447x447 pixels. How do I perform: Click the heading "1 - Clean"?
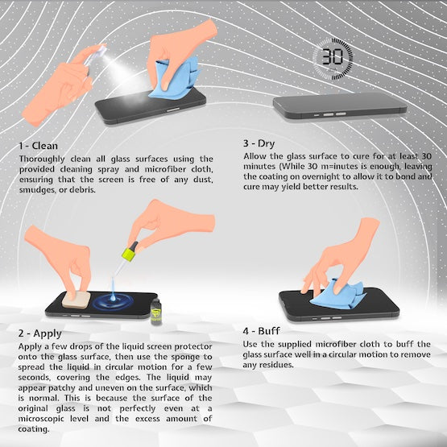pos(39,146)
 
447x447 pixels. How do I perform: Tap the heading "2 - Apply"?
pos(40,333)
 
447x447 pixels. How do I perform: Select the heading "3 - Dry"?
pos(259,143)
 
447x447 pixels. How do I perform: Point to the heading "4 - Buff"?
pos(262,331)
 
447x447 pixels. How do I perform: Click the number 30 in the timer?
pos(333,56)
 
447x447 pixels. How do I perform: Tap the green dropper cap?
pos(130,251)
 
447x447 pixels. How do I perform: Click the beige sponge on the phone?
pos(77,300)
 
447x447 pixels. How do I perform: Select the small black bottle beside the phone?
pos(156,312)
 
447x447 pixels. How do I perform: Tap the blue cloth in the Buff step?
pos(337,295)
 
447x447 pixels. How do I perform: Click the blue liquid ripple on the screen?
pos(114,301)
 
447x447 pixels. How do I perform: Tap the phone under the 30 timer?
pos(340,106)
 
